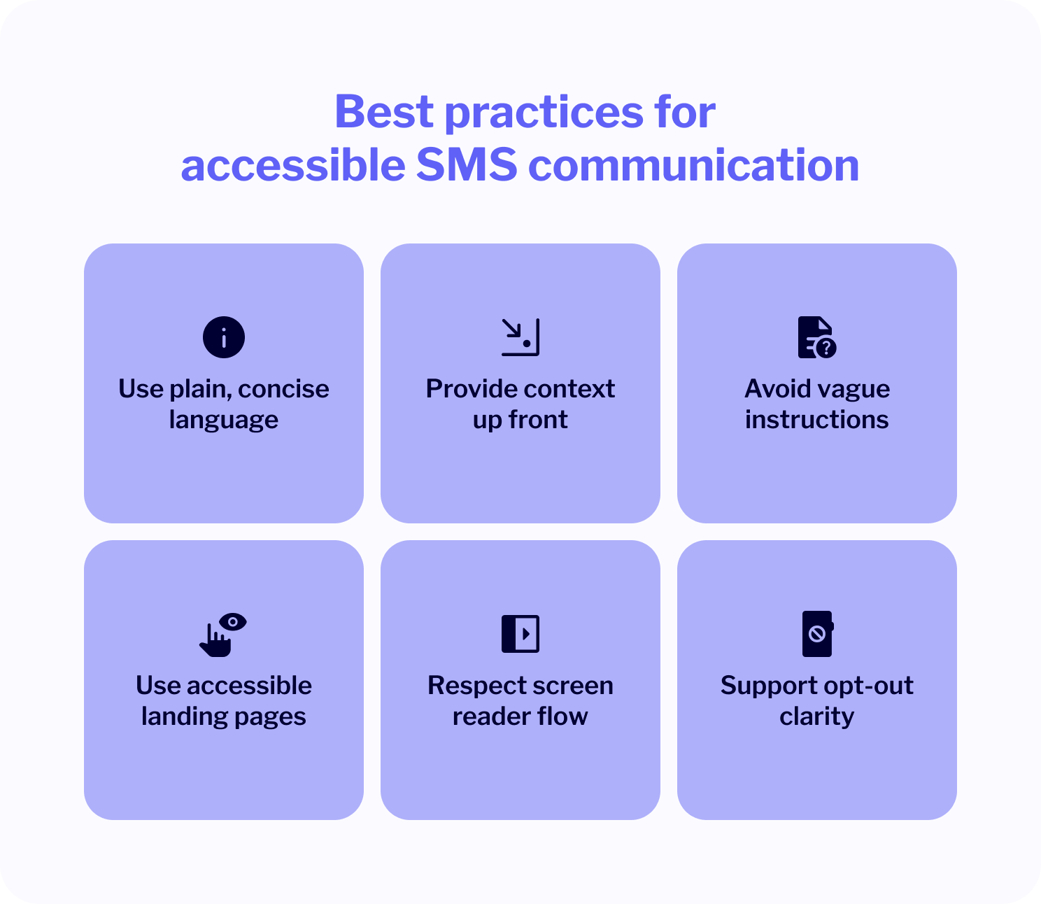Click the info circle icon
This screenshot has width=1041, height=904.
223,337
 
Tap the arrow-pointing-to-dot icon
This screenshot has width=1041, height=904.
520,337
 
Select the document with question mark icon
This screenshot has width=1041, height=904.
816,337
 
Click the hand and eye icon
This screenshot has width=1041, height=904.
223,635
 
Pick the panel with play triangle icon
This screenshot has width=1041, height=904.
520,634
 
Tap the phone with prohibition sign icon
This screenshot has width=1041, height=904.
818,634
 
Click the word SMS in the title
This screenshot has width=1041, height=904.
467,165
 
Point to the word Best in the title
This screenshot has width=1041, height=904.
384,111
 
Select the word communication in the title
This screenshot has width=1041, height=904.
694,165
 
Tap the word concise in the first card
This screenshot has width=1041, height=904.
283,389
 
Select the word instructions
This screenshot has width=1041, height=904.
816,420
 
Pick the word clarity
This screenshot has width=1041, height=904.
816,717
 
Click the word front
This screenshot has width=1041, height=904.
538,420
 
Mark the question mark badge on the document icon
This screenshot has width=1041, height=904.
826,348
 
